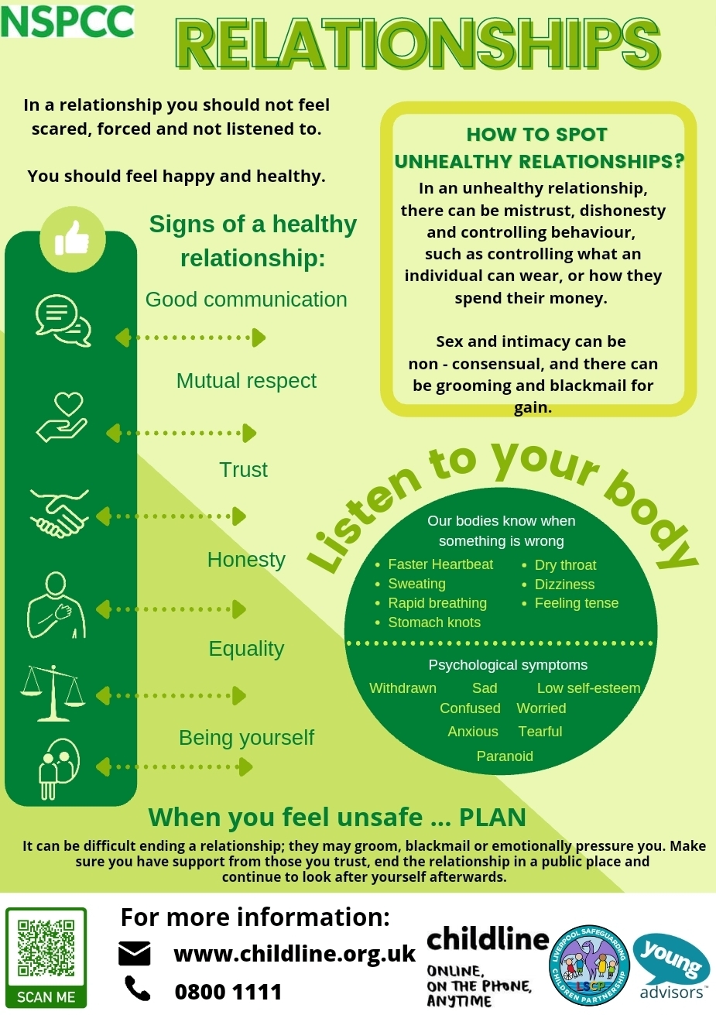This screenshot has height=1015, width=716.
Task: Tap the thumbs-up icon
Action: (72, 238)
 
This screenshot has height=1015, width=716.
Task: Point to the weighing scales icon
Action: (53, 691)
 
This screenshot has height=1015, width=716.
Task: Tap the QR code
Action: (46, 948)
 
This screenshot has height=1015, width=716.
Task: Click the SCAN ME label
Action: (46, 996)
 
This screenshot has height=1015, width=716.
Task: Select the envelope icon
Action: (135, 954)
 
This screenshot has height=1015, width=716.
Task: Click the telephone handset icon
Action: (137, 988)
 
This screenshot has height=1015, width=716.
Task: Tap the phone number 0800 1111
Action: (228, 992)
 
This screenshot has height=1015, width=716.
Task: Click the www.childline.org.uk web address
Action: (295, 954)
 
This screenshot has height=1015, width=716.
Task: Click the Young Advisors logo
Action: (671, 967)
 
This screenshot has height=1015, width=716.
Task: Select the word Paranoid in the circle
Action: (505, 756)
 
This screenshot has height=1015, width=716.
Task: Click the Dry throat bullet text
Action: (565, 565)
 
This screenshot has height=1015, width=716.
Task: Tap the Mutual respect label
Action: (246, 381)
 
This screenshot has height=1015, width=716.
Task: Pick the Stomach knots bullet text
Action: (434, 622)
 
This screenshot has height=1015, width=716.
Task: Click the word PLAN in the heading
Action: (492, 818)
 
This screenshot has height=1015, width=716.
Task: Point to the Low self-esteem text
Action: (588, 688)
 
